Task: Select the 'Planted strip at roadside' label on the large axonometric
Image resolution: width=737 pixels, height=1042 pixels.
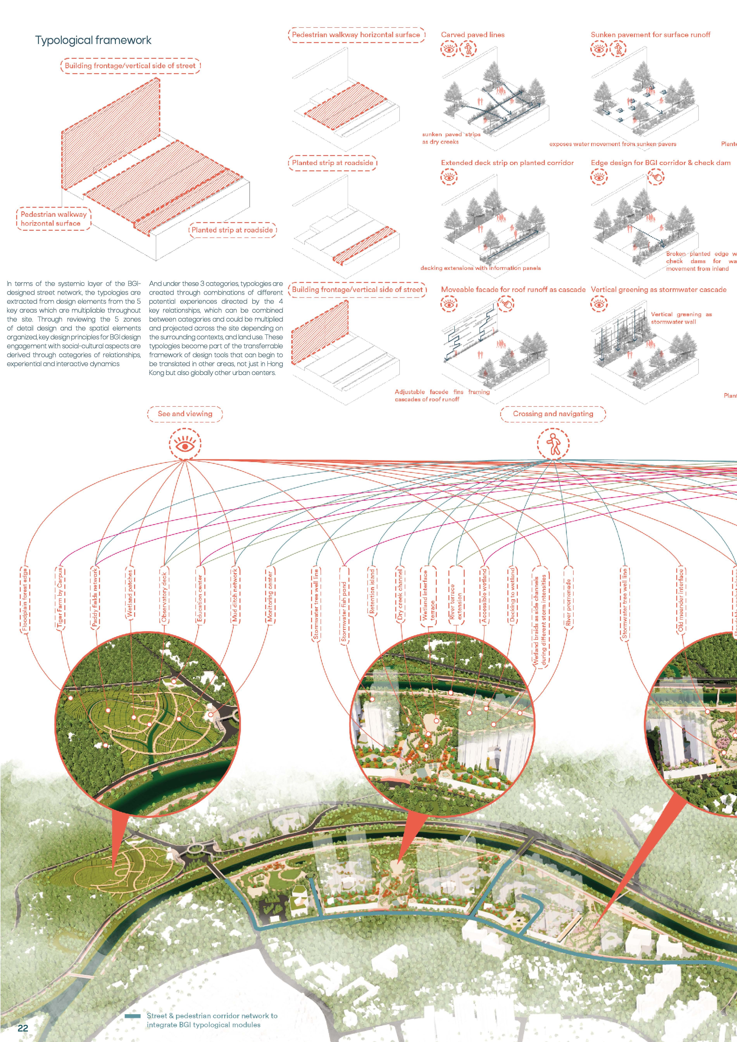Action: click(232, 230)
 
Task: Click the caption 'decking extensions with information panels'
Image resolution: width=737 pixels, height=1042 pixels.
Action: click(480, 268)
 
